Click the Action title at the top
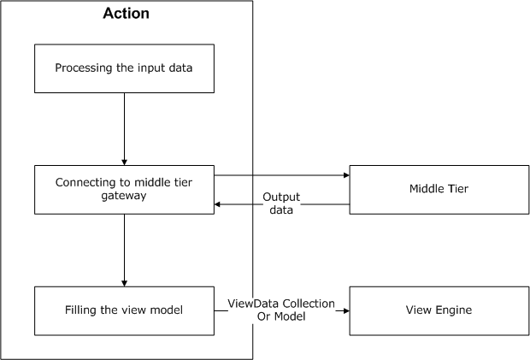[126, 14]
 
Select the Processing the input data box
[124, 68]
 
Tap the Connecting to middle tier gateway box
[124, 190]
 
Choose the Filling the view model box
[124, 310]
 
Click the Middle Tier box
[432, 190]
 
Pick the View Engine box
[432, 310]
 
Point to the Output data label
[281, 203]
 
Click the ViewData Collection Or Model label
[281, 310]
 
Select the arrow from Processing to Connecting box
[125, 128]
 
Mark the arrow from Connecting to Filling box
[125, 250]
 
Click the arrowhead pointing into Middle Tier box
[346, 175]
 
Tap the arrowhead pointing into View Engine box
[346, 311]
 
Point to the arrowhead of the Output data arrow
[218, 204]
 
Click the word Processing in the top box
[83, 68]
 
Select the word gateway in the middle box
[124, 197]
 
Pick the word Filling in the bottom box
[84, 310]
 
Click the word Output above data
[281, 197]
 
